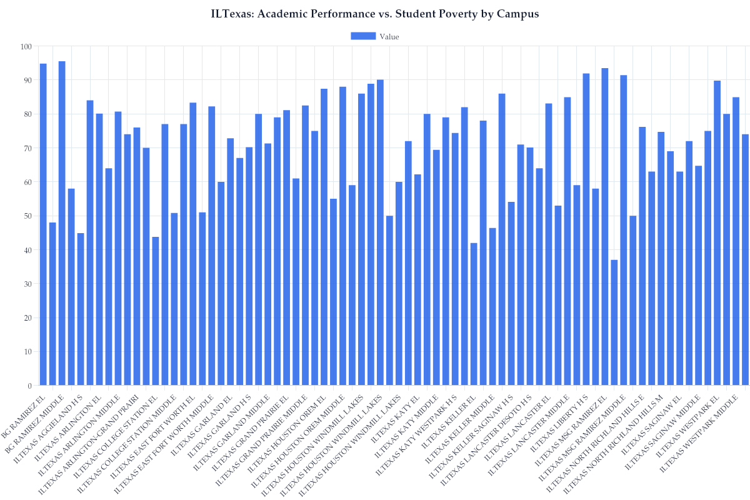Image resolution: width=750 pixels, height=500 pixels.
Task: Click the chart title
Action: (375, 14)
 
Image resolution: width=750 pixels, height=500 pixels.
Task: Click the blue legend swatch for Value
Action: (362, 36)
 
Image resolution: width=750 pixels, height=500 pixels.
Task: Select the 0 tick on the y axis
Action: (29, 386)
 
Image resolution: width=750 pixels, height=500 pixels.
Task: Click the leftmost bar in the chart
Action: (43, 224)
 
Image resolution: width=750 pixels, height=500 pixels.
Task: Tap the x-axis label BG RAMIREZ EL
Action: (25, 416)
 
